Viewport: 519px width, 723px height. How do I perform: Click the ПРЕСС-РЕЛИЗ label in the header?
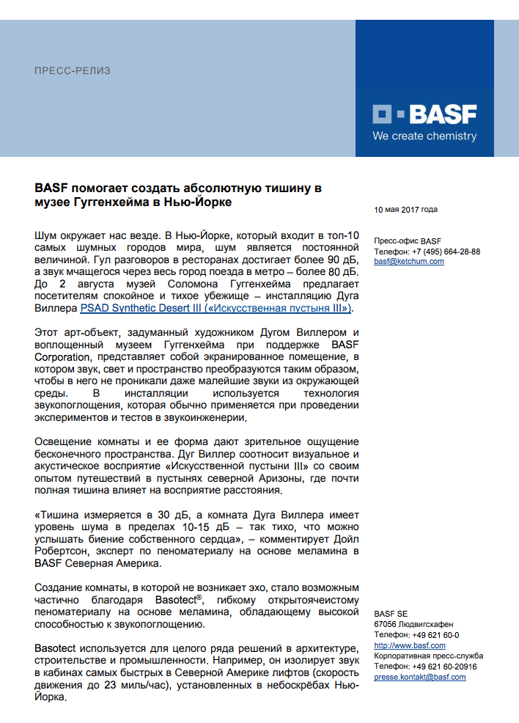73,71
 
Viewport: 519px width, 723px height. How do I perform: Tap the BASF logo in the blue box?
424,114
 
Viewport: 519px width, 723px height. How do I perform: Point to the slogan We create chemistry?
424,136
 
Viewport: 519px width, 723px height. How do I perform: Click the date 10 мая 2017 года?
405,210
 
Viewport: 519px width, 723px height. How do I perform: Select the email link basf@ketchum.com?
408,261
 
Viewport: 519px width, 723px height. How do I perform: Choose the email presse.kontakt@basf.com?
420,677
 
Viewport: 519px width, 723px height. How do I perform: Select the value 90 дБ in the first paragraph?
342,260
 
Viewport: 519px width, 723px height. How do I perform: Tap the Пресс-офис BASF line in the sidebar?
408,241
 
